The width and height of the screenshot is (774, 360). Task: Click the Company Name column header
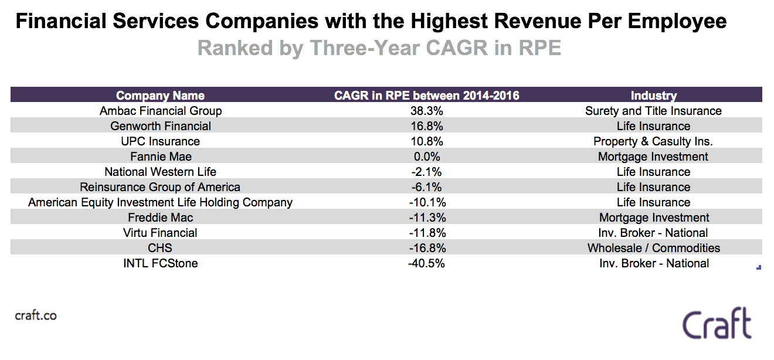coord(160,96)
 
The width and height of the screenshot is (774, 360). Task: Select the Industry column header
coord(653,96)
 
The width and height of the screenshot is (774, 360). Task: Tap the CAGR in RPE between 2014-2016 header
coord(426,96)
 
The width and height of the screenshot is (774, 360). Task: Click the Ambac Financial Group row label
coord(161,111)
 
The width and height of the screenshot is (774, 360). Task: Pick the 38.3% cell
coord(426,111)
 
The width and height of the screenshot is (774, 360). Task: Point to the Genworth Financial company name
coord(161,126)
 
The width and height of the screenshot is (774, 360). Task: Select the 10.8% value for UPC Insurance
coord(426,141)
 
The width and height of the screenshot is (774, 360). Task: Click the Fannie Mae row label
coord(161,157)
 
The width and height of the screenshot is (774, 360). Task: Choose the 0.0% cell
coord(426,157)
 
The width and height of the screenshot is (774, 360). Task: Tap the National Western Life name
coord(160,172)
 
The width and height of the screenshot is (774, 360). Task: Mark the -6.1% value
coord(426,187)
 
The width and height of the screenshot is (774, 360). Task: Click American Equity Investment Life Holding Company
coord(160,202)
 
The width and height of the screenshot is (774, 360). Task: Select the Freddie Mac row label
coord(161,218)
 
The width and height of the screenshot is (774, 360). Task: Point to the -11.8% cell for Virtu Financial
coord(426,233)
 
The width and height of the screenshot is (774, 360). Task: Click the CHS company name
coord(160,248)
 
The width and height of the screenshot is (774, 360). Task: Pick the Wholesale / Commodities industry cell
coord(654,248)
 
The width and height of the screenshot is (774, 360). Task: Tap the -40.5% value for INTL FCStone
coord(426,263)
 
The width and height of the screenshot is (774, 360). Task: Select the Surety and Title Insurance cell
coord(653,111)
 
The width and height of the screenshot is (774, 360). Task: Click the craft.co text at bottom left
coord(35,315)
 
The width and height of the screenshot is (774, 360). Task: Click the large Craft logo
coord(717,324)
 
